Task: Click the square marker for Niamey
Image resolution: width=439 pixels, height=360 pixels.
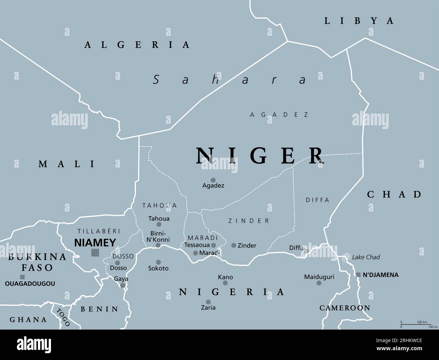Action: (95, 252)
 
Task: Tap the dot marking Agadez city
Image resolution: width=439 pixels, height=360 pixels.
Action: (213, 180)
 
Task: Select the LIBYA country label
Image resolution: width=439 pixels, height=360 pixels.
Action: (359, 21)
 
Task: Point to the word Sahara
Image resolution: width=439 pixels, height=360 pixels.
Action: (230, 80)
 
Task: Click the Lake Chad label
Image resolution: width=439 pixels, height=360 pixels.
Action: (366, 257)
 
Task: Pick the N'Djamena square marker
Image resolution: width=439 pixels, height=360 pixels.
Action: (358, 275)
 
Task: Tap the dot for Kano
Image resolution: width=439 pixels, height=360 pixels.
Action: (225, 283)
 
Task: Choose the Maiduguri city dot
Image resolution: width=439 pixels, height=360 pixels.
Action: (319, 283)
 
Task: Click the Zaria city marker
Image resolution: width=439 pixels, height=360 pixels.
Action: (208, 302)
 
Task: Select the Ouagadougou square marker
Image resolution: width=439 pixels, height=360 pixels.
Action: (22, 277)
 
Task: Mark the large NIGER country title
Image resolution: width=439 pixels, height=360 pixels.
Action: (260, 155)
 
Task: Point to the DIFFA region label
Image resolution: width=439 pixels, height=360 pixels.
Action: (317, 200)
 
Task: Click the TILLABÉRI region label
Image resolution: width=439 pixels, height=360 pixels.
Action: (99, 231)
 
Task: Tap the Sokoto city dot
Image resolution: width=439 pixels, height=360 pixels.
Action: (158, 262)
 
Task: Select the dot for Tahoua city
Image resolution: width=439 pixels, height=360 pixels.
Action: (159, 224)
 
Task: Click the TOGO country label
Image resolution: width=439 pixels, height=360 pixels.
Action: (63, 317)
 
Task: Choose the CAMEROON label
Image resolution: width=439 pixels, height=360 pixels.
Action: (344, 308)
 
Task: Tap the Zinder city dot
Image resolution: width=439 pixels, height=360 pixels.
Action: (234, 245)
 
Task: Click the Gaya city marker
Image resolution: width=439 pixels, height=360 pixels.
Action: (123, 285)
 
